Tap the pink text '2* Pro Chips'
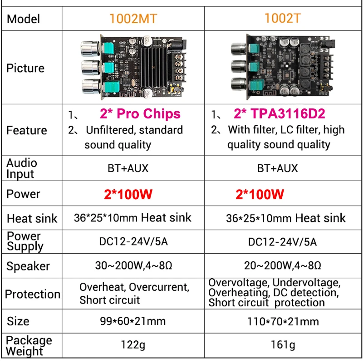point(140,114)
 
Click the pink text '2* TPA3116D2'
point(280,114)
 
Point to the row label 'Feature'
point(26,130)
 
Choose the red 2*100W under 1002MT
point(128,194)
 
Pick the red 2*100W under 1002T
point(260,194)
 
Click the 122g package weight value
point(133,345)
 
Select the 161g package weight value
point(283,345)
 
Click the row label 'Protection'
point(32,294)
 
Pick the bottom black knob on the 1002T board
point(238,84)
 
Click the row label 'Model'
point(24,19)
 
